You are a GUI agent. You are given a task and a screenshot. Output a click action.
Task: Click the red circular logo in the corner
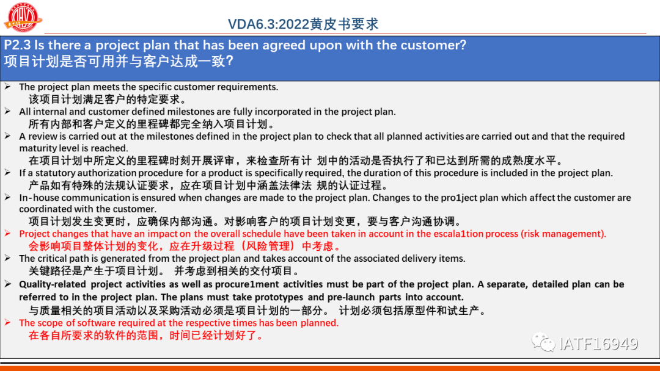23,17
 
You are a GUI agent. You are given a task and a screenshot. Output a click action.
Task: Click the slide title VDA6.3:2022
268,24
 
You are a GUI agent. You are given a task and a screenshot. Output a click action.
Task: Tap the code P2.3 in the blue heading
17,45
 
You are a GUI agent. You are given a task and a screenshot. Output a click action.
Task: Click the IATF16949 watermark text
598,344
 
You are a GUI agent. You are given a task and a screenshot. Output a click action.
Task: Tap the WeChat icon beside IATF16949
543,342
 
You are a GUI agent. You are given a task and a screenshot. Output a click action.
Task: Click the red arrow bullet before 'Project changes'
7,233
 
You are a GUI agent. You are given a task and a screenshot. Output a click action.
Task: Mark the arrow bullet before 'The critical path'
7,258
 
